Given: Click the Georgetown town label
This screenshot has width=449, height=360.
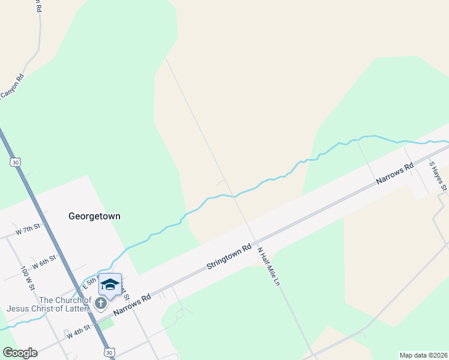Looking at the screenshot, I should [x=94, y=216].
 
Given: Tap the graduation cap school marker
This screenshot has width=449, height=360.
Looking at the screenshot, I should [x=110, y=284].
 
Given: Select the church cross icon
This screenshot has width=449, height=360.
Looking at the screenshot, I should [x=100, y=304].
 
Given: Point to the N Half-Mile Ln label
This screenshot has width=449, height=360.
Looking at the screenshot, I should [x=268, y=266].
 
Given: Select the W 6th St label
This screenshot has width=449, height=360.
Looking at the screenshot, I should [x=44, y=262].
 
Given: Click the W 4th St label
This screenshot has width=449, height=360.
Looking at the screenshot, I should [x=79, y=331].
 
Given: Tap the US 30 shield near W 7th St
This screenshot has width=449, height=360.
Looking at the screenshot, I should [x=15, y=162].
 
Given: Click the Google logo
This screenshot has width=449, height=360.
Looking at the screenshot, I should [x=20, y=353].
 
